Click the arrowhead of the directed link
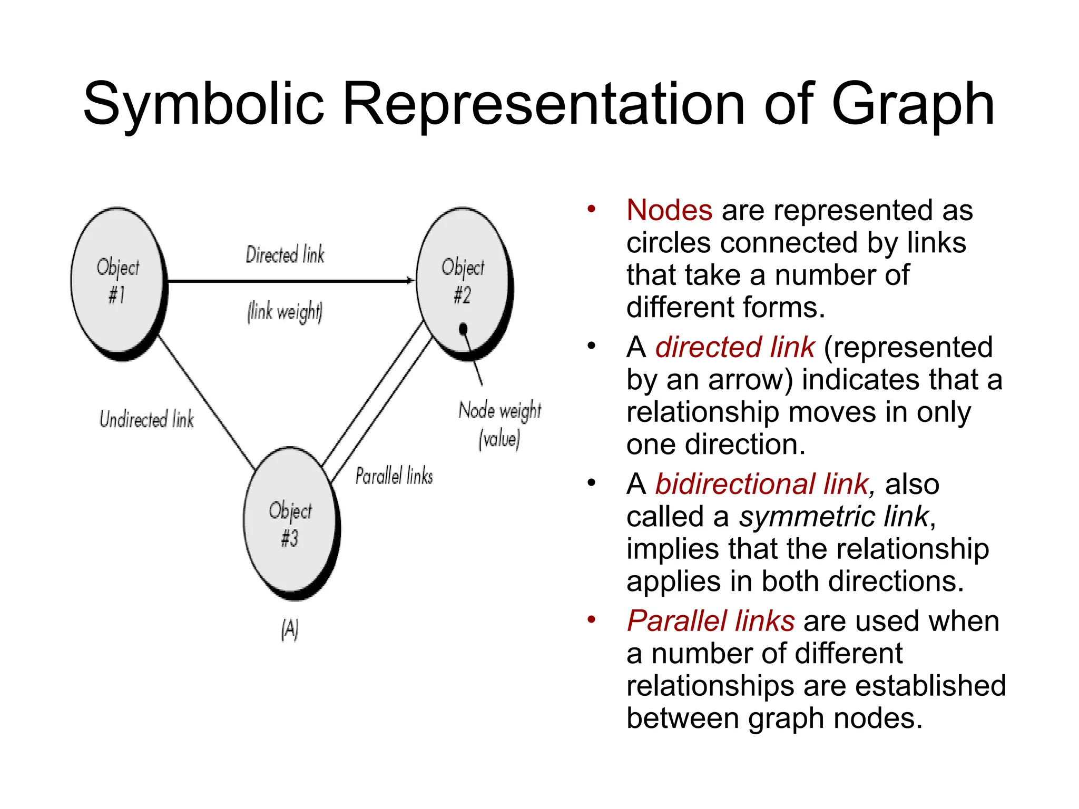(x=410, y=281)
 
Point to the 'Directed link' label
(x=285, y=255)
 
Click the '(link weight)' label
(x=285, y=312)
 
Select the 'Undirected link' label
(x=146, y=420)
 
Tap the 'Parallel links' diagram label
(x=394, y=476)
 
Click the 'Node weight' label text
(x=499, y=410)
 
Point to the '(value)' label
(x=499, y=439)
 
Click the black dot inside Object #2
(x=463, y=329)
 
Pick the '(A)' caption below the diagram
(x=290, y=629)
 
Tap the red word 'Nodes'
(x=669, y=210)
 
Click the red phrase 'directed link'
(x=735, y=348)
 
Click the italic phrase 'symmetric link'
(x=833, y=517)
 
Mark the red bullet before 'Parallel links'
(x=592, y=619)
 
